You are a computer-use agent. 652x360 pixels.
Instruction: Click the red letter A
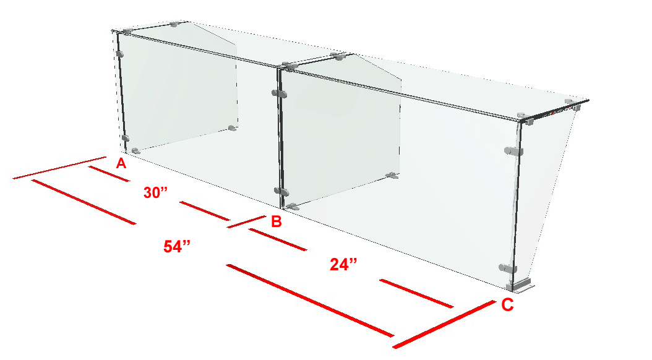click(x=121, y=163)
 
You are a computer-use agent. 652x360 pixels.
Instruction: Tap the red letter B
click(x=277, y=221)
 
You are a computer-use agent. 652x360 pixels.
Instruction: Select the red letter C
click(x=507, y=305)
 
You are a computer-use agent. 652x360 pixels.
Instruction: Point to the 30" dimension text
click(x=155, y=193)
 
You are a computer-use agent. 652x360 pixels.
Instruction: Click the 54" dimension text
click(x=177, y=247)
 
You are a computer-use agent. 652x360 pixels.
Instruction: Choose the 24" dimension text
click(x=343, y=264)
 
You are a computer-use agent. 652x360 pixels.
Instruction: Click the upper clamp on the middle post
click(x=280, y=93)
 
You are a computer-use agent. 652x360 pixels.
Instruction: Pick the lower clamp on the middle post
click(x=281, y=192)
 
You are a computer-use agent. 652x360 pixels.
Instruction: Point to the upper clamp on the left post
click(x=120, y=54)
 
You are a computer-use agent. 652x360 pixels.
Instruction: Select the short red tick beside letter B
click(x=247, y=221)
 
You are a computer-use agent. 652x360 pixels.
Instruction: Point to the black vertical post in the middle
click(x=281, y=137)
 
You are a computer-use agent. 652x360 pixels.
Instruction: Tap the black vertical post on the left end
click(x=122, y=92)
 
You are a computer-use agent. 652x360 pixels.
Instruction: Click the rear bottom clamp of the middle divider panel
click(x=392, y=176)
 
